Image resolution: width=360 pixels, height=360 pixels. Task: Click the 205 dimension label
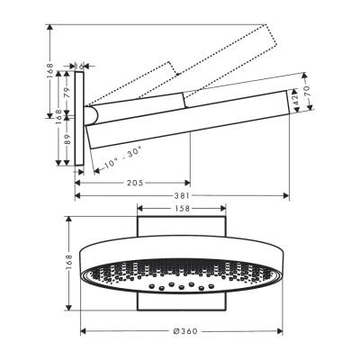click(135, 183)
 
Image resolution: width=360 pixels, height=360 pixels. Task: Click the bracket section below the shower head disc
click(183, 306)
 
